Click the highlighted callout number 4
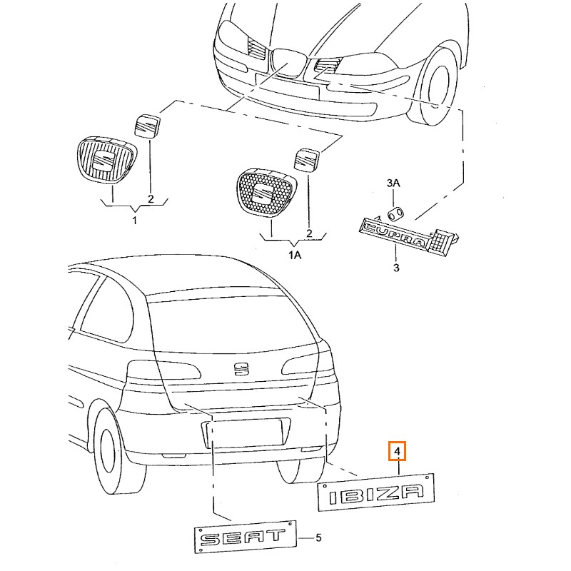(x=397, y=452)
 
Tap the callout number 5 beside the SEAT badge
(x=318, y=537)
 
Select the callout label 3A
(x=393, y=183)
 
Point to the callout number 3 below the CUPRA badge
(x=397, y=268)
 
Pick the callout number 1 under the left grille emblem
(x=133, y=221)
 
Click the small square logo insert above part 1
(x=148, y=125)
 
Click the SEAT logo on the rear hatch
(x=242, y=369)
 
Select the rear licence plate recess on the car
(x=243, y=434)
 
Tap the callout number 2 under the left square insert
(x=151, y=198)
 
